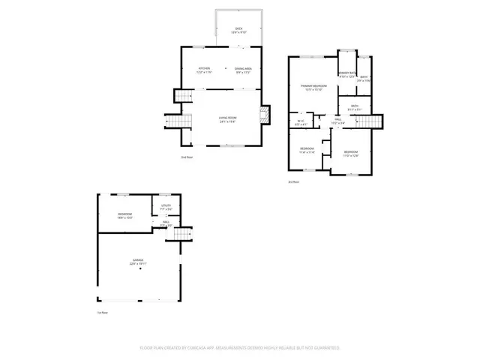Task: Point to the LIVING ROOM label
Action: (228, 118)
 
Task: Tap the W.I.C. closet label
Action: (300, 122)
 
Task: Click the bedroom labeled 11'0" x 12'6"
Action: (351, 154)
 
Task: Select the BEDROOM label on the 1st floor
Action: (124, 216)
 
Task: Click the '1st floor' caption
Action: (103, 313)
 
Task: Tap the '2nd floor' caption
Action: (187, 157)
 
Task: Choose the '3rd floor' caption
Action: (294, 181)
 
